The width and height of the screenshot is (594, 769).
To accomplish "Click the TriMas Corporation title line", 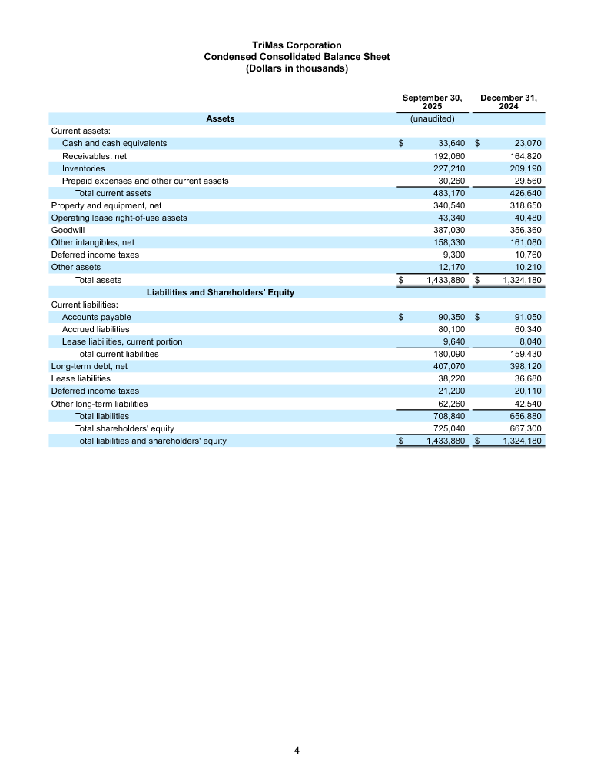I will pyautogui.click(x=297, y=46).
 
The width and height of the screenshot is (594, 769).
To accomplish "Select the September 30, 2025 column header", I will pyautogui.click(x=432, y=102).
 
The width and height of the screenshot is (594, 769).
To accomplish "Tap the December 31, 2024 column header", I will pyautogui.click(x=508, y=102).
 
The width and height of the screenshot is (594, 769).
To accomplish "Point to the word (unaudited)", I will pyautogui.click(x=432, y=119).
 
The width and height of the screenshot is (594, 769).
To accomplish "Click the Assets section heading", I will pyautogui.click(x=221, y=119).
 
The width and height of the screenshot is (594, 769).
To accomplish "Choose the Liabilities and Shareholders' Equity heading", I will pyautogui.click(x=221, y=293).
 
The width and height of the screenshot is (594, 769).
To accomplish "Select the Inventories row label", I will pyautogui.click(x=84, y=168).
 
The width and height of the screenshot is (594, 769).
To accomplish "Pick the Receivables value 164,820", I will pyautogui.click(x=526, y=156).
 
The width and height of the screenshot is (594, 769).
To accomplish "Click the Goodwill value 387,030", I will pyautogui.click(x=449, y=230).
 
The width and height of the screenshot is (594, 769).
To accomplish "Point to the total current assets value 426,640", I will pyautogui.click(x=526, y=193).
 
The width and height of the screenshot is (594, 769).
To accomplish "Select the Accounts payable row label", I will pyautogui.click(x=97, y=317).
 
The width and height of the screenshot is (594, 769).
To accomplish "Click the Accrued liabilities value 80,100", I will pyautogui.click(x=449, y=329).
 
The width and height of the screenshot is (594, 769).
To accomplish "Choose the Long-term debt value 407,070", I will pyautogui.click(x=449, y=367).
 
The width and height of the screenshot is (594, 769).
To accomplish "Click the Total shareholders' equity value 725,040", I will pyautogui.click(x=449, y=428).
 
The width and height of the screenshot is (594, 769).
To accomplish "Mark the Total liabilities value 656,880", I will pyautogui.click(x=526, y=416).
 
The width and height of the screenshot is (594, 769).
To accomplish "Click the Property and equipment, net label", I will pyautogui.click(x=106, y=205).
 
